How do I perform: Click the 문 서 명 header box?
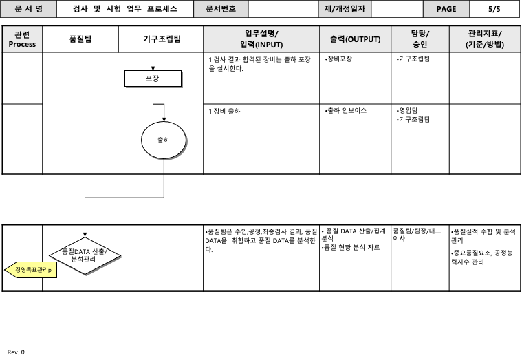tap(28, 9)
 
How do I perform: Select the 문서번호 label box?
tap(221, 9)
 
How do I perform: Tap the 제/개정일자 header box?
tap(347, 9)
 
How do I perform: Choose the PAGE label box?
tap(446, 9)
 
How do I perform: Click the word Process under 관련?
tap(23, 44)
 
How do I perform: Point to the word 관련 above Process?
tap(22, 34)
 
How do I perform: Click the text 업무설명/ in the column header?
tap(261, 34)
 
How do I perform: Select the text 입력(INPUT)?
tap(261, 45)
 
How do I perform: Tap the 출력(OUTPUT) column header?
tap(355, 39)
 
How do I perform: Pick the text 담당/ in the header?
tap(420, 34)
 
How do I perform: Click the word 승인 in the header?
tap(420, 45)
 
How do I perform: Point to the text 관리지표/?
tap(484, 34)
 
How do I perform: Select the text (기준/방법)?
tap(484, 45)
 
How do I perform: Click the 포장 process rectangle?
tap(153, 78)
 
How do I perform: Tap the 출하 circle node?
tap(163, 140)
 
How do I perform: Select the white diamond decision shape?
tap(85, 256)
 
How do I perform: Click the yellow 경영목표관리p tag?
tap(34, 270)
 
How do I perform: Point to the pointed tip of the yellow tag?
tap(7, 270)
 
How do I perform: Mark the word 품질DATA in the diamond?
tap(76, 251)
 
